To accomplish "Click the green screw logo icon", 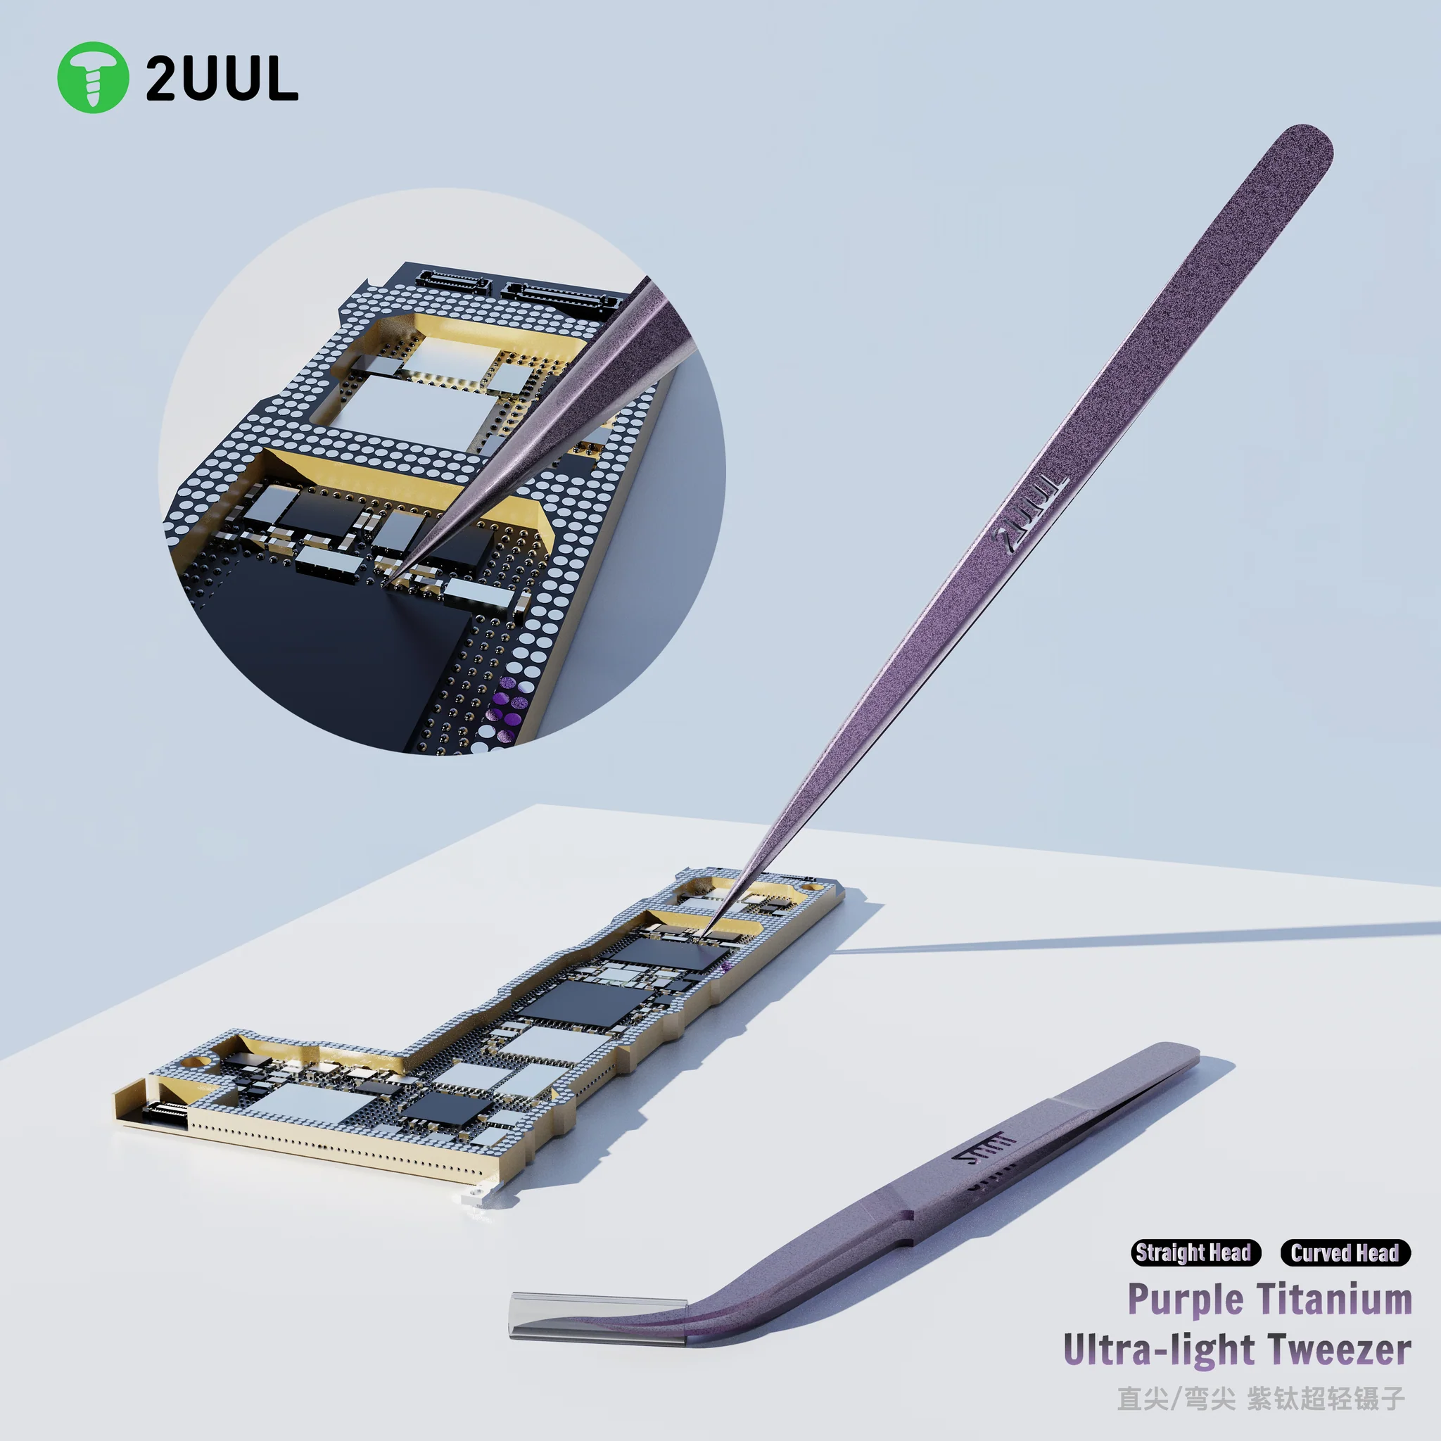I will click(92, 77).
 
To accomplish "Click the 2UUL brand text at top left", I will click(222, 79).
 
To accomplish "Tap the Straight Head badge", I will click(1194, 1252).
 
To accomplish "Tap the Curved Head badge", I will click(1345, 1252).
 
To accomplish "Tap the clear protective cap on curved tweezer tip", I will click(597, 1317).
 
